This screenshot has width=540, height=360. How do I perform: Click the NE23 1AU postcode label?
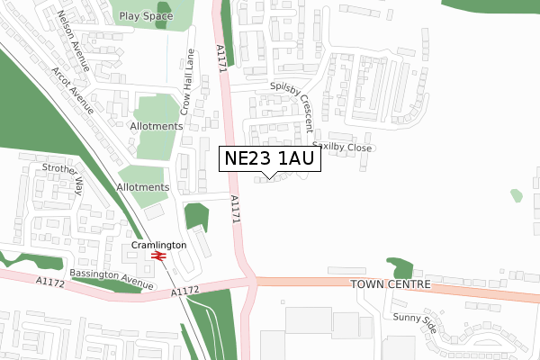coord(269,159)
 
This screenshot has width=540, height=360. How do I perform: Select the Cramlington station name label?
coord(158,245)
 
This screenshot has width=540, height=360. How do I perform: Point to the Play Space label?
coord(147,16)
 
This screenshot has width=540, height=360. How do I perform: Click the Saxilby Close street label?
coord(342,147)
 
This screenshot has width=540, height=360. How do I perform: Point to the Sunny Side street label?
coord(415,323)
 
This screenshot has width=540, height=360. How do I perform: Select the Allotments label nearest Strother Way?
coord(142,187)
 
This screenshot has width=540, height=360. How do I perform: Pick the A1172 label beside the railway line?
coord(183,291)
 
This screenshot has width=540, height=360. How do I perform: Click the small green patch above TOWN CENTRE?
coord(401,267)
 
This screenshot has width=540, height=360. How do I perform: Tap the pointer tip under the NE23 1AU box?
coord(269,177)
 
